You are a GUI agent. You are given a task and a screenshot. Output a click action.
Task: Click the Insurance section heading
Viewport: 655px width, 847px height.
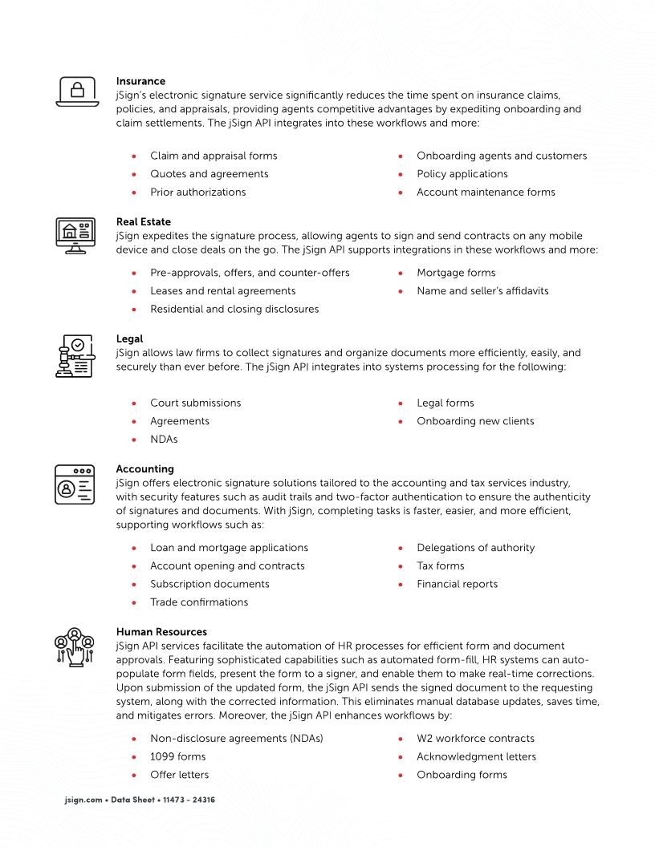click(140, 81)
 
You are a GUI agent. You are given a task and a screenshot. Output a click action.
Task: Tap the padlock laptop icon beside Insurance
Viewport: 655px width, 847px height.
click(76, 91)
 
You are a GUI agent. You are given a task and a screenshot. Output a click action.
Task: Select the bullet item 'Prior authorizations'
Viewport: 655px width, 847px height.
click(197, 192)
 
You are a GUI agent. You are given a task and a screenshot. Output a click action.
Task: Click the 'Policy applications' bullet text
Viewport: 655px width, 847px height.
click(462, 174)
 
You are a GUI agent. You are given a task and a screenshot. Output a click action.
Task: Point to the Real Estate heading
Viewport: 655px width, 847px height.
click(143, 221)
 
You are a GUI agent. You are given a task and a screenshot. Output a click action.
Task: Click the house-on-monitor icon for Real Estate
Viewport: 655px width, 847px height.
click(75, 235)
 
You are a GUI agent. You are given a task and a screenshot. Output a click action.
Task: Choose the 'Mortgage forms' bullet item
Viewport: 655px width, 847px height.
click(456, 273)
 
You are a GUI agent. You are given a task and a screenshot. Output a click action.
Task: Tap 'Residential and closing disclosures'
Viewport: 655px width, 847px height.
click(234, 310)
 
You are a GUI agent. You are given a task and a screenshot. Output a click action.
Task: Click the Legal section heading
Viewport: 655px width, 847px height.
click(129, 339)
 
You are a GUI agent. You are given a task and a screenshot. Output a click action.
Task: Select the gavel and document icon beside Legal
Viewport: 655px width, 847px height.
click(75, 357)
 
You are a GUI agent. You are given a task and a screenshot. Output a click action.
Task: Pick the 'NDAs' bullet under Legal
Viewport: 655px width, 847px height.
click(164, 440)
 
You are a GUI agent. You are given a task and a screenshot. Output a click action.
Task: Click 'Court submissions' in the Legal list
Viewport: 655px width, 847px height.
click(195, 403)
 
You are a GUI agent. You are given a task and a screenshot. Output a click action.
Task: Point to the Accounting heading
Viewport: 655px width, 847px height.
click(144, 469)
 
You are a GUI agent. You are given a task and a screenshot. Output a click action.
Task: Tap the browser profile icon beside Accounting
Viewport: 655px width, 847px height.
click(75, 485)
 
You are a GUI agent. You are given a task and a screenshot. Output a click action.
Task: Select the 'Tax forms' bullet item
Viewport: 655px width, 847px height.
click(440, 566)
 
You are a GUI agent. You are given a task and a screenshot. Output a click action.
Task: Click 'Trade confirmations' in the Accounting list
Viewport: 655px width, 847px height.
click(199, 602)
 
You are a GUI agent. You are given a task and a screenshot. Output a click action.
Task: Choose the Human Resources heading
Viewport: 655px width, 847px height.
click(161, 632)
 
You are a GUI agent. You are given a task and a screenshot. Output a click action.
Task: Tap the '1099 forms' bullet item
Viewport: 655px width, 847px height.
click(177, 757)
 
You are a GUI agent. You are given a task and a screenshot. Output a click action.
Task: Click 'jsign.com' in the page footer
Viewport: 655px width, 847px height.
click(83, 800)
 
